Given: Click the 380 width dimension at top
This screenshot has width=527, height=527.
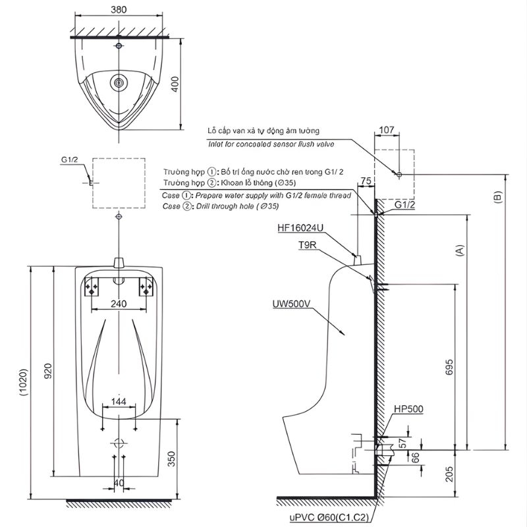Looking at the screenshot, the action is click(x=119, y=9).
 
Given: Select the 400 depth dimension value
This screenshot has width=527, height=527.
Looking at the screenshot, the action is click(x=175, y=84).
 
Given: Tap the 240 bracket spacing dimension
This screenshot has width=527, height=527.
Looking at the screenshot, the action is click(x=119, y=304).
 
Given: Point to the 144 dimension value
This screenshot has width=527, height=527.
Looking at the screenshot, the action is click(x=119, y=401).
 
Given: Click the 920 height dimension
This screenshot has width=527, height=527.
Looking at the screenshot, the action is click(x=48, y=371).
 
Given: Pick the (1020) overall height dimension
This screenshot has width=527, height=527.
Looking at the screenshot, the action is click(x=23, y=383).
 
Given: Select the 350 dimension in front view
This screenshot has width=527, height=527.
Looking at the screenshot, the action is click(x=171, y=458).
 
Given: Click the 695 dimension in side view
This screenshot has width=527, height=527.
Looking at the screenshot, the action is click(x=449, y=368).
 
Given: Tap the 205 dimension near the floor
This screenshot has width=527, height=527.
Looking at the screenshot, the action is click(x=449, y=474).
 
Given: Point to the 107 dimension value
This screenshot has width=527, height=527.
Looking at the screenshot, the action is click(x=387, y=129).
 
